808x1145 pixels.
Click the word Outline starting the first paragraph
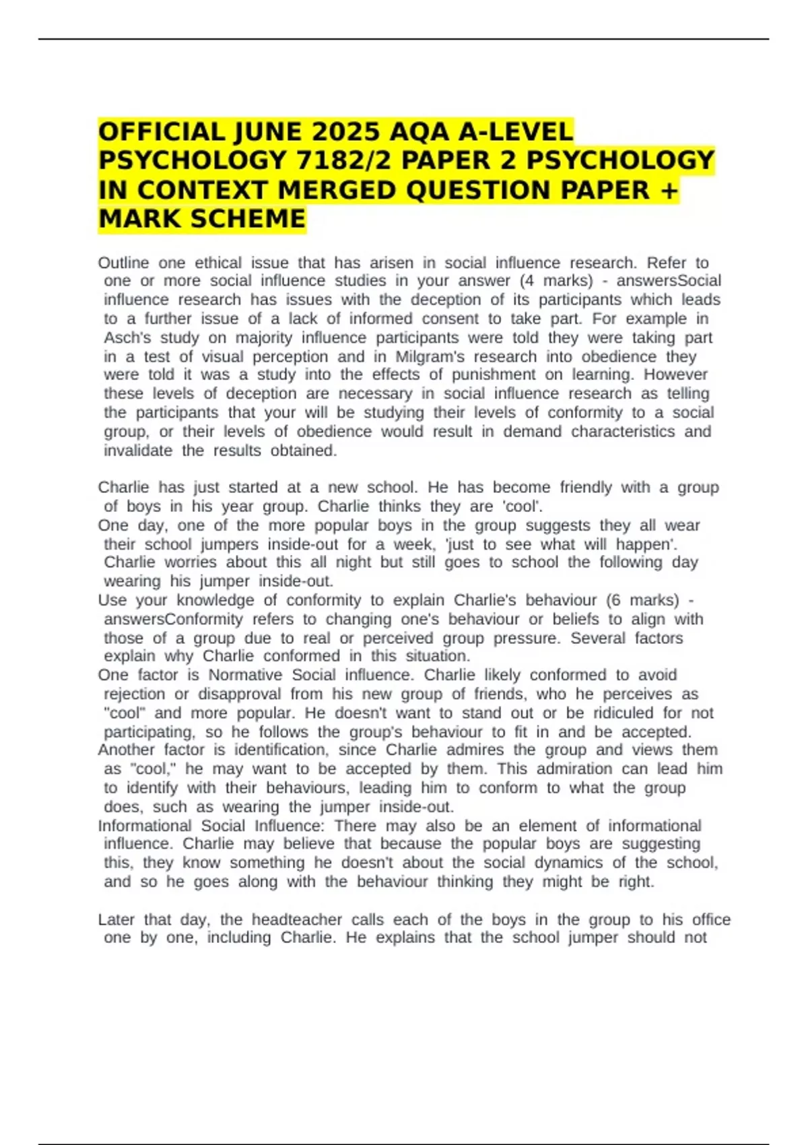click(123, 263)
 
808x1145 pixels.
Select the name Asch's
click(127, 337)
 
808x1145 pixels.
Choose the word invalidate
click(138, 451)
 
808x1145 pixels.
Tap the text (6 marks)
click(642, 600)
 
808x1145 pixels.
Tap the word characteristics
click(623, 431)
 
